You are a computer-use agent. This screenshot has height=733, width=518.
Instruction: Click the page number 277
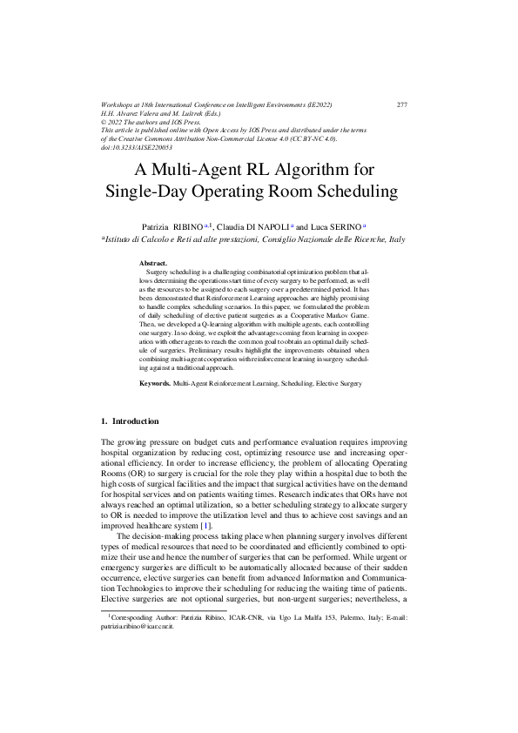(x=401, y=105)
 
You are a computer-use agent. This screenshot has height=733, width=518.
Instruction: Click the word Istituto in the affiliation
(x=121, y=238)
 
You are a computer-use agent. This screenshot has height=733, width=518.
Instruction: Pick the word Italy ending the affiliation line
(x=396, y=238)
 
